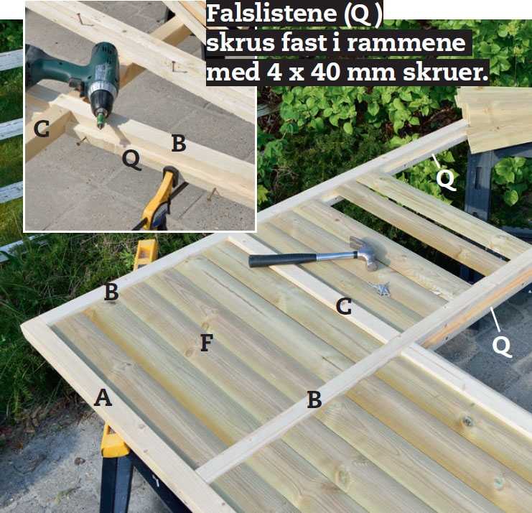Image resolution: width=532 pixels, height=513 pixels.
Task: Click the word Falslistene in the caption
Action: click(272, 14)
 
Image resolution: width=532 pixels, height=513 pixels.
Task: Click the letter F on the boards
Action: click(207, 342)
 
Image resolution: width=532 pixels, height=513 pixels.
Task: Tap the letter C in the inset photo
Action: click(42, 129)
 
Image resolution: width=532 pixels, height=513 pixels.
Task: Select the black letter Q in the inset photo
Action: click(131, 160)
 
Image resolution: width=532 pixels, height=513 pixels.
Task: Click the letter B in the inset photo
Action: click(179, 143)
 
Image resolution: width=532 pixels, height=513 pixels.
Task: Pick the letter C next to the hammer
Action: click(344, 306)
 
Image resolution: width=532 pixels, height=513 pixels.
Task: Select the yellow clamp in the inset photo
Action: click(161, 199)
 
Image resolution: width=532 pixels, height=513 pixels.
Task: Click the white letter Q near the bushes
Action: click(445, 179)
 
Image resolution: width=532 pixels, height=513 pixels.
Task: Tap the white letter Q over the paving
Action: click(502, 346)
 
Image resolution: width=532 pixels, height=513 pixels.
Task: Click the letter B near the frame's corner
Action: click(111, 292)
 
